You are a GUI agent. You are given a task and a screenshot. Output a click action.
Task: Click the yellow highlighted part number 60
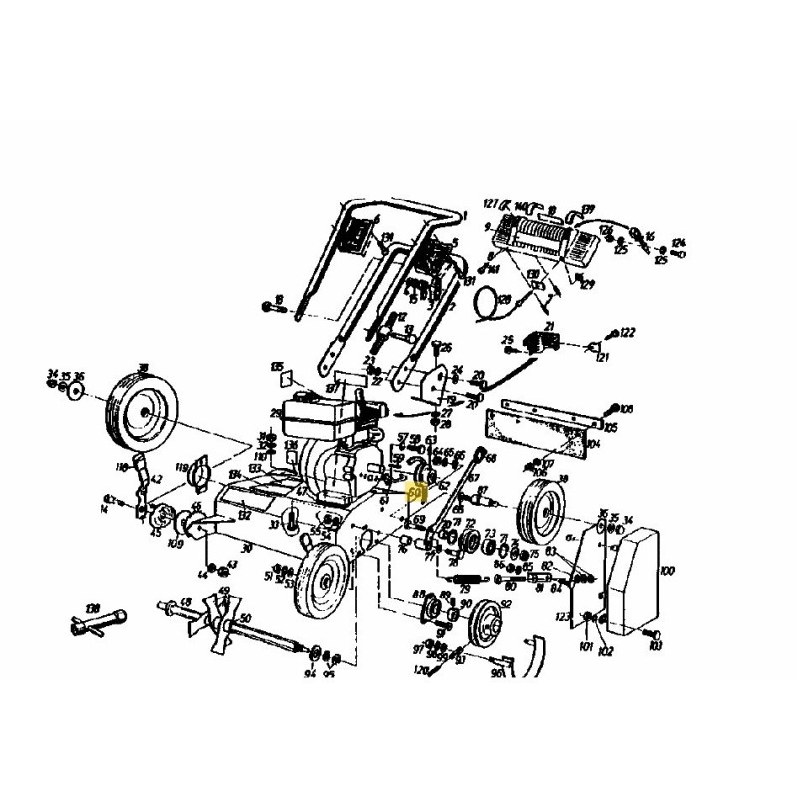[x=418, y=492]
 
